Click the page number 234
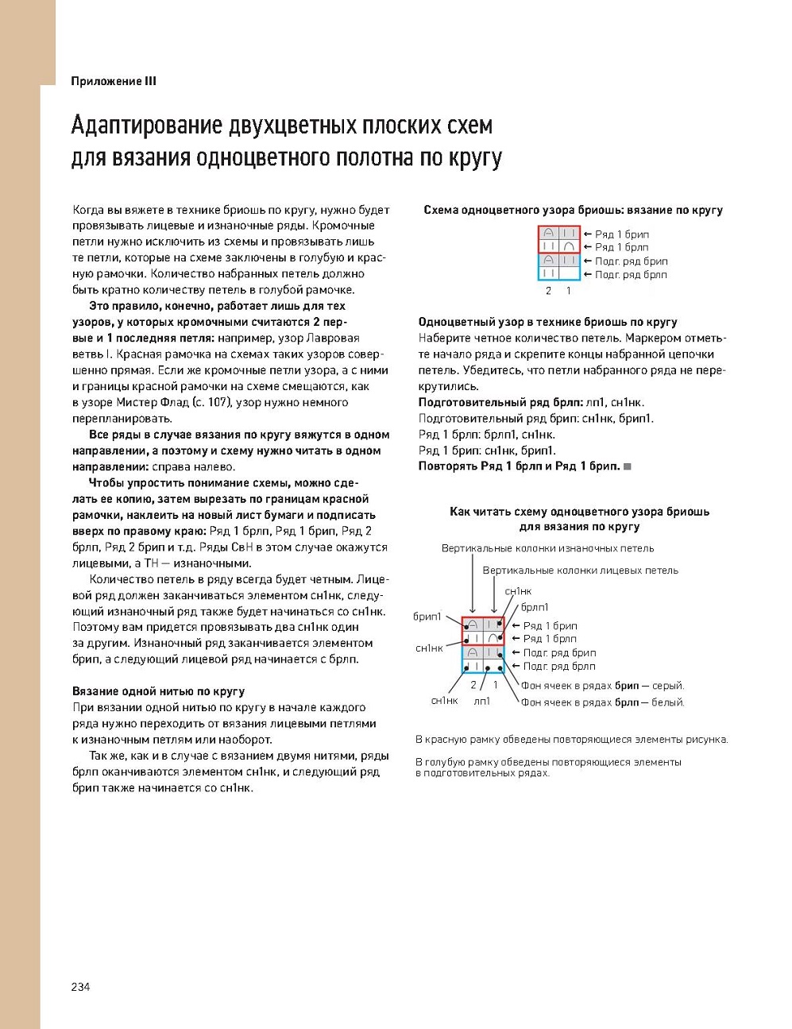[x=81, y=987]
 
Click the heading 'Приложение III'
[x=114, y=81]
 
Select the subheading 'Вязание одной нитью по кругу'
[x=158, y=691]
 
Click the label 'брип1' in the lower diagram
[x=427, y=616]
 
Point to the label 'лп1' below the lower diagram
[x=482, y=701]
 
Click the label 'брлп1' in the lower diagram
[x=535, y=608]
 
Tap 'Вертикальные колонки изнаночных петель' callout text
[x=547, y=548]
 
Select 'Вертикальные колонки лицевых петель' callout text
[x=580, y=571]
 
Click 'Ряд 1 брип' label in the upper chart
[x=622, y=234]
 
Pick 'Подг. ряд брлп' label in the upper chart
[x=631, y=275]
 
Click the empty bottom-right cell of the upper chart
[x=569, y=273]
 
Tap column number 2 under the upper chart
[x=549, y=291]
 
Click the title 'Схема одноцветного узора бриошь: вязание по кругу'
[x=573, y=211]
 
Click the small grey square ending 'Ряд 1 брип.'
[x=628, y=466]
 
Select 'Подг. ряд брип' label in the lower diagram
[x=559, y=653]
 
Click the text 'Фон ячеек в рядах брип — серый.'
[x=602, y=686]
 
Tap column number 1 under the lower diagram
[x=496, y=684]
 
